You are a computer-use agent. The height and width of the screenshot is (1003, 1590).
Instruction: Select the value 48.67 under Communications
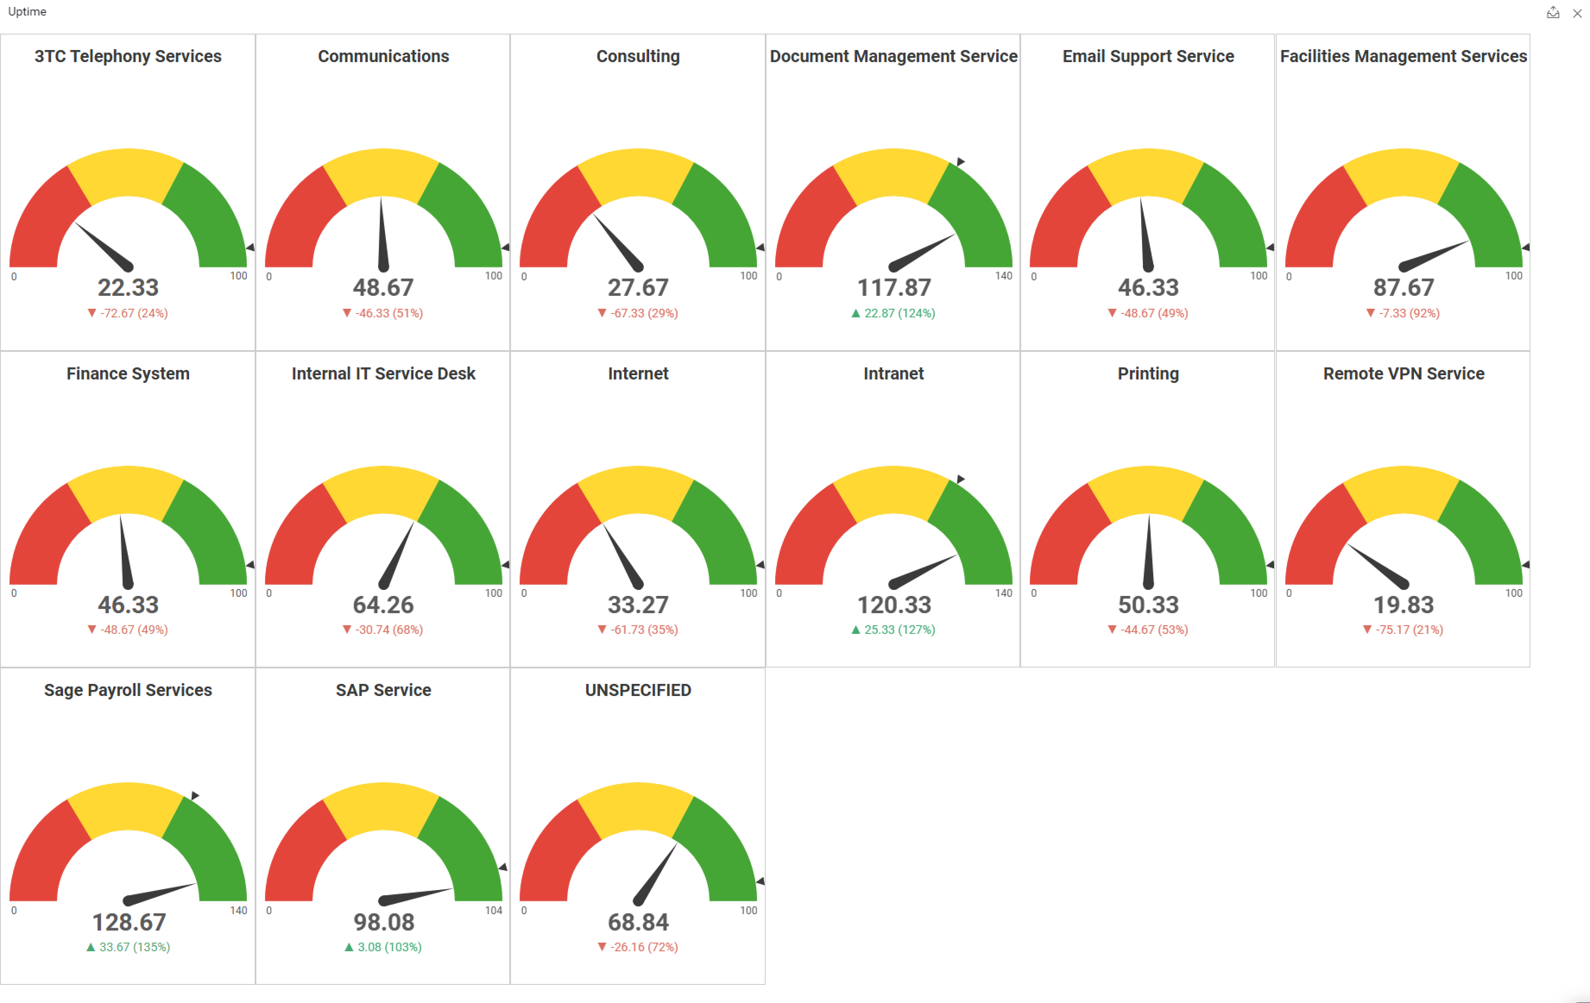pos(383,288)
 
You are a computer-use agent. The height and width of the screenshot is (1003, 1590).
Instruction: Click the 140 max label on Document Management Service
pos(1003,276)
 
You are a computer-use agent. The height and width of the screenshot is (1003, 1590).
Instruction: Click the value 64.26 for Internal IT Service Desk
pos(383,605)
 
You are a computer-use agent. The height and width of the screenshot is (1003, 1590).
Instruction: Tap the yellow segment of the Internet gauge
pos(638,488)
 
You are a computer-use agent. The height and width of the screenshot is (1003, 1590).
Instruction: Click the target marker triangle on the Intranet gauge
pos(961,478)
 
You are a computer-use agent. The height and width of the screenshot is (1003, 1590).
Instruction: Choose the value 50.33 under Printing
pos(1148,605)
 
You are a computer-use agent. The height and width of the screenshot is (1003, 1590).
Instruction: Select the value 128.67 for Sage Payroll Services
pos(129,922)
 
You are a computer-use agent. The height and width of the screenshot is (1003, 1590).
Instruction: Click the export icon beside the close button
pos(1552,13)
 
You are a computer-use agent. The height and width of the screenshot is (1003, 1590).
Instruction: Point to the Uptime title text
pos(27,11)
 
